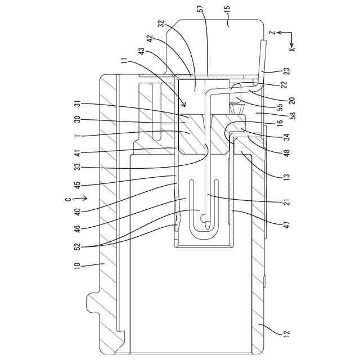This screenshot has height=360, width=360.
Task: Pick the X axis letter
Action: tap(291, 48)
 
